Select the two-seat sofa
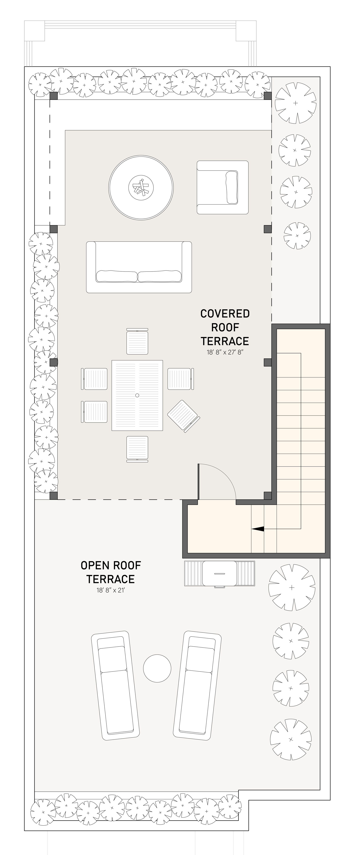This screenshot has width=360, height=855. tap(139, 267)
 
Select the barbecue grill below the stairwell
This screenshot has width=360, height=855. tap(220, 574)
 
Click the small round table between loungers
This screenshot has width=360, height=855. tap(157, 668)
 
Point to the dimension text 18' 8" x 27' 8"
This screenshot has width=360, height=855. tap(225, 352)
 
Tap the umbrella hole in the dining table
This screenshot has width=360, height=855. tap(137, 395)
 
